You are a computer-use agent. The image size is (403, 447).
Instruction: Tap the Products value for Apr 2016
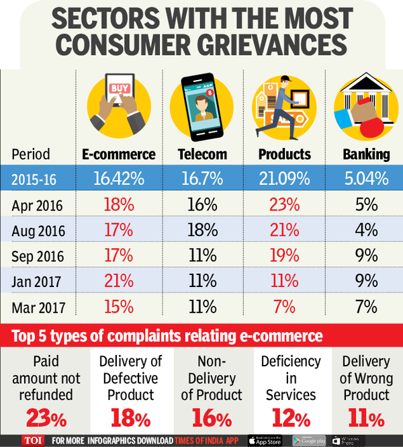(x=283, y=205)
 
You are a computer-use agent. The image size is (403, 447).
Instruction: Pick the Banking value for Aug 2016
(x=367, y=230)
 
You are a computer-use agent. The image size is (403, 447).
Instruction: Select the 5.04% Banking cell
(x=367, y=179)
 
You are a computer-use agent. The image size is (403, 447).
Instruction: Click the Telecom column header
(x=202, y=154)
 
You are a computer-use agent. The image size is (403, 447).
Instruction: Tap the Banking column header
(x=367, y=154)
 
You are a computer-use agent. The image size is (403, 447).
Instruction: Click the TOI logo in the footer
(x=28, y=440)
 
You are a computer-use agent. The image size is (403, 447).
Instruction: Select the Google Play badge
(x=308, y=440)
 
